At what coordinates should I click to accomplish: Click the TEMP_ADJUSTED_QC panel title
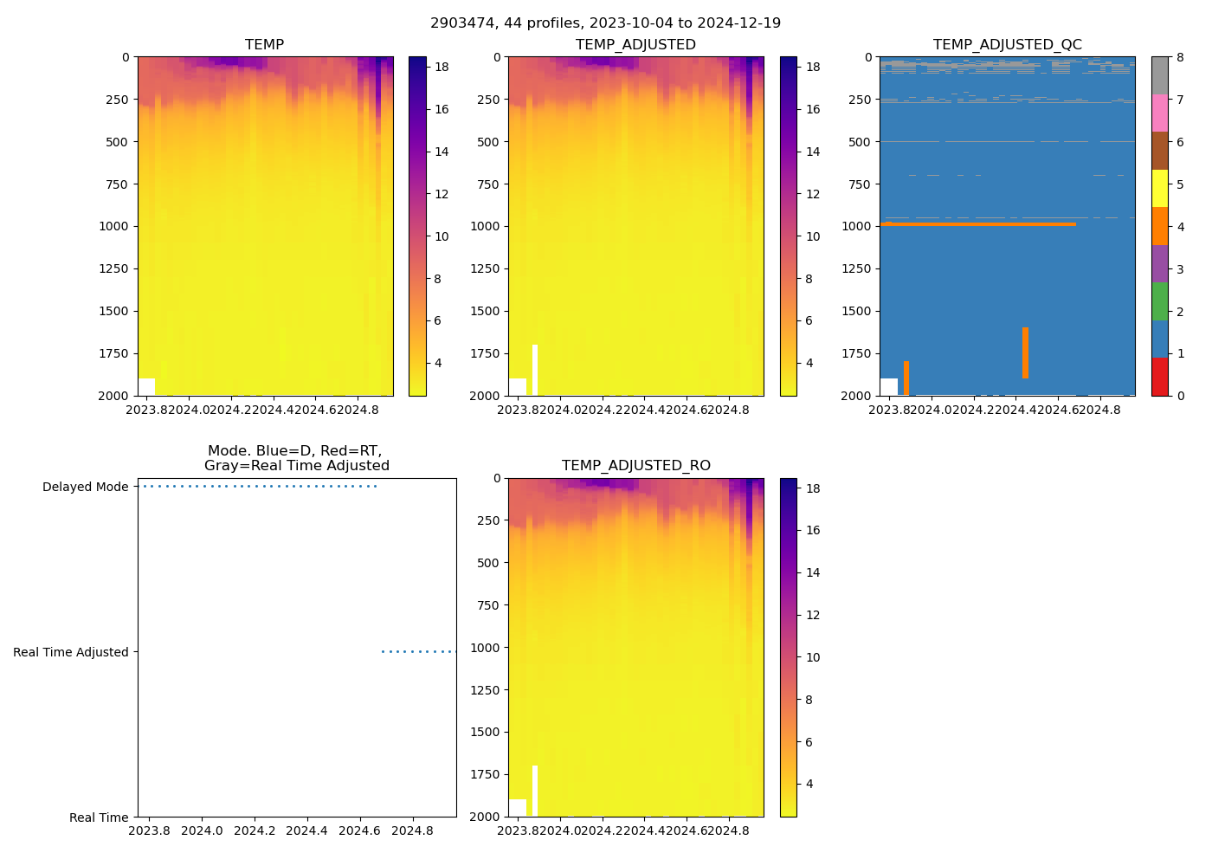pyautogui.click(x=1007, y=44)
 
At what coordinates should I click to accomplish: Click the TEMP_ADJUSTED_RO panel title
pyautogui.click(x=635, y=466)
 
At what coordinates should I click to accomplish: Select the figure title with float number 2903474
pyautogui.click(x=605, y=23)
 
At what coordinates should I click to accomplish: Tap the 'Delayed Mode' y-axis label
pyautogui.click(x=85, y=487)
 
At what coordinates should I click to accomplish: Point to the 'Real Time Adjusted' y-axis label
pyautogui.click(x=70, y=652)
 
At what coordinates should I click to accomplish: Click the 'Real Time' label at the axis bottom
pyautogui.click(x=99, y=818)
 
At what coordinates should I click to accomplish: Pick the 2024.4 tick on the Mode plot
pyautogui.click(x=306, y=831)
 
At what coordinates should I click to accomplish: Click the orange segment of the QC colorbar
pyautogui.click(x=1159, y=226)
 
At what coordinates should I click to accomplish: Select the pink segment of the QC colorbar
pyautogui.click(x=1159, y=113)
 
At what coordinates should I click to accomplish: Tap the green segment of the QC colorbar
pyautogui.click(x=1159, y=301)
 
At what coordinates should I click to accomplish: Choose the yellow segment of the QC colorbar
pyautogui.click(x=1159, y=188)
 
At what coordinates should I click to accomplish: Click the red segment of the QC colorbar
pyautogui.click(x=1159, y=377)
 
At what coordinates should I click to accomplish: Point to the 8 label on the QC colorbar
pyautogui.click(x=1180, y=57)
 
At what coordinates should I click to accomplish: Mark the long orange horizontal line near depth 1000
pyautogui.click(x=978, y=224)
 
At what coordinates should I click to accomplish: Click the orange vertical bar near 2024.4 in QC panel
pyautogui.click(x=1025, y=352)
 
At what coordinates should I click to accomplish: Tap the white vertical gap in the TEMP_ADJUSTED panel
pyautogui.click(x=535, y=370)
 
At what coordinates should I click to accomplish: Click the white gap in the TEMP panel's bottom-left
pyautogui.click(x=146, y=386)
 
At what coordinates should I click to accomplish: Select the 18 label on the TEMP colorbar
pyautogui.click(x=442, y=67)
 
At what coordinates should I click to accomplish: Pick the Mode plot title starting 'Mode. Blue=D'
pyautogui.click(x=296, y=458)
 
